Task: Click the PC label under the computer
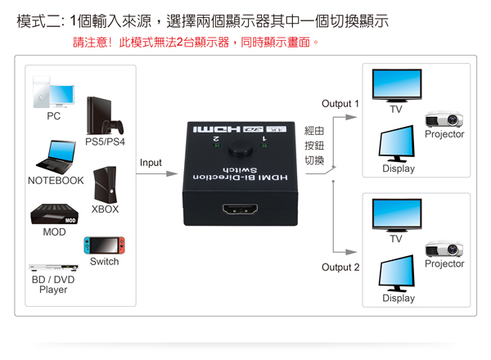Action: point(53,116)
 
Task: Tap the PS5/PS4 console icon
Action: point(105,116)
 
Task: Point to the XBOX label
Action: point(105,209)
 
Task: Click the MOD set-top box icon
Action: point(54,215)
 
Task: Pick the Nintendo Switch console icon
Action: point(103,245)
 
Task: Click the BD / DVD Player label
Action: point(53,284)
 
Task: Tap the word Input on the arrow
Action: point(151,163)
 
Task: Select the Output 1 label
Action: point(340,104)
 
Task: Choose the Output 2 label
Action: point(340,268)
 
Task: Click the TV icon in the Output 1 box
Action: point(396,85)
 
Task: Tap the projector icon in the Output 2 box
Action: point(444,249)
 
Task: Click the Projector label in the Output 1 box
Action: point(444,134)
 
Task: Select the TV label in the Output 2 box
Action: point(396,239)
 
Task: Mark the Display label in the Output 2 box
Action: point(399,298)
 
